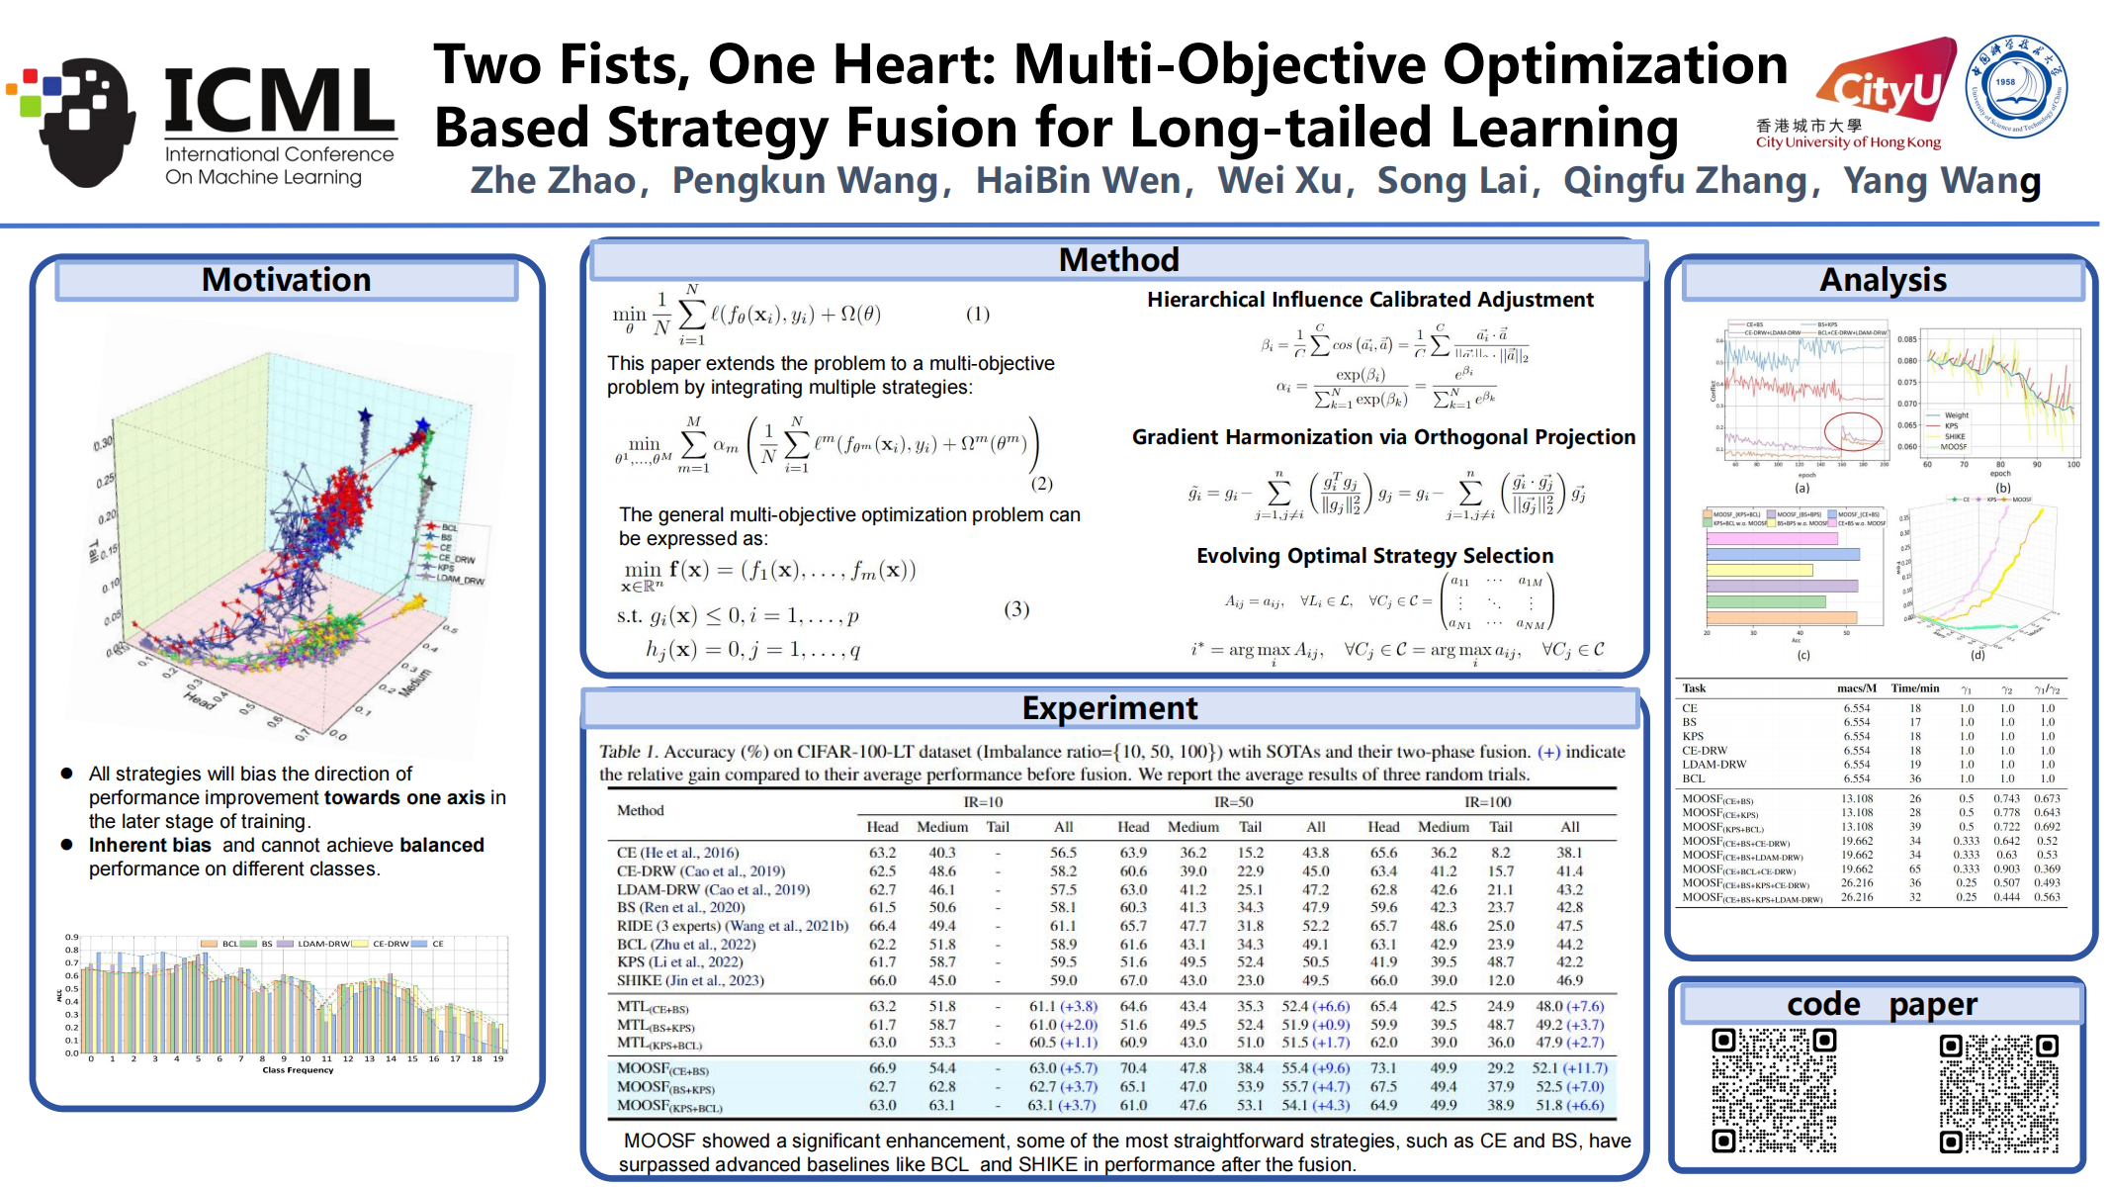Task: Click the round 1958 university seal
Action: (x=2015, y=87)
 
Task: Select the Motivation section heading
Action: (x=286, y=280)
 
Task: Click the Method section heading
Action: (x=1118, y=260)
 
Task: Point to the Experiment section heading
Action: (x=1109, y=708)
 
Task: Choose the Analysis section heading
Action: (x=1883, y=280)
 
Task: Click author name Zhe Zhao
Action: (x=553, y=181)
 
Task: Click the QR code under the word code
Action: (x=1774, y=1090)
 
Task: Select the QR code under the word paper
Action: (x=1998, y=1093)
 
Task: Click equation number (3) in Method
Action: (x=1016, y=608)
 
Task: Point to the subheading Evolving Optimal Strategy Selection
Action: (x=1374, y=556)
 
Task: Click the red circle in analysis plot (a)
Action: (x=1852, y=431)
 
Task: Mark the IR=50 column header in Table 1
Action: (x=1233, y=802)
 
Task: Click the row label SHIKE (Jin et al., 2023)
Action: (x=690, y=980)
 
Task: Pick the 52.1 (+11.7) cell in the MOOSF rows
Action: (x=1569, y=1068)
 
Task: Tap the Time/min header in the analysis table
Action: (x=1914, y=688)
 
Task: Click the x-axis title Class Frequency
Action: (x=298, y=1070)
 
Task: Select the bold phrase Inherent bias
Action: (x=150, y=845)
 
